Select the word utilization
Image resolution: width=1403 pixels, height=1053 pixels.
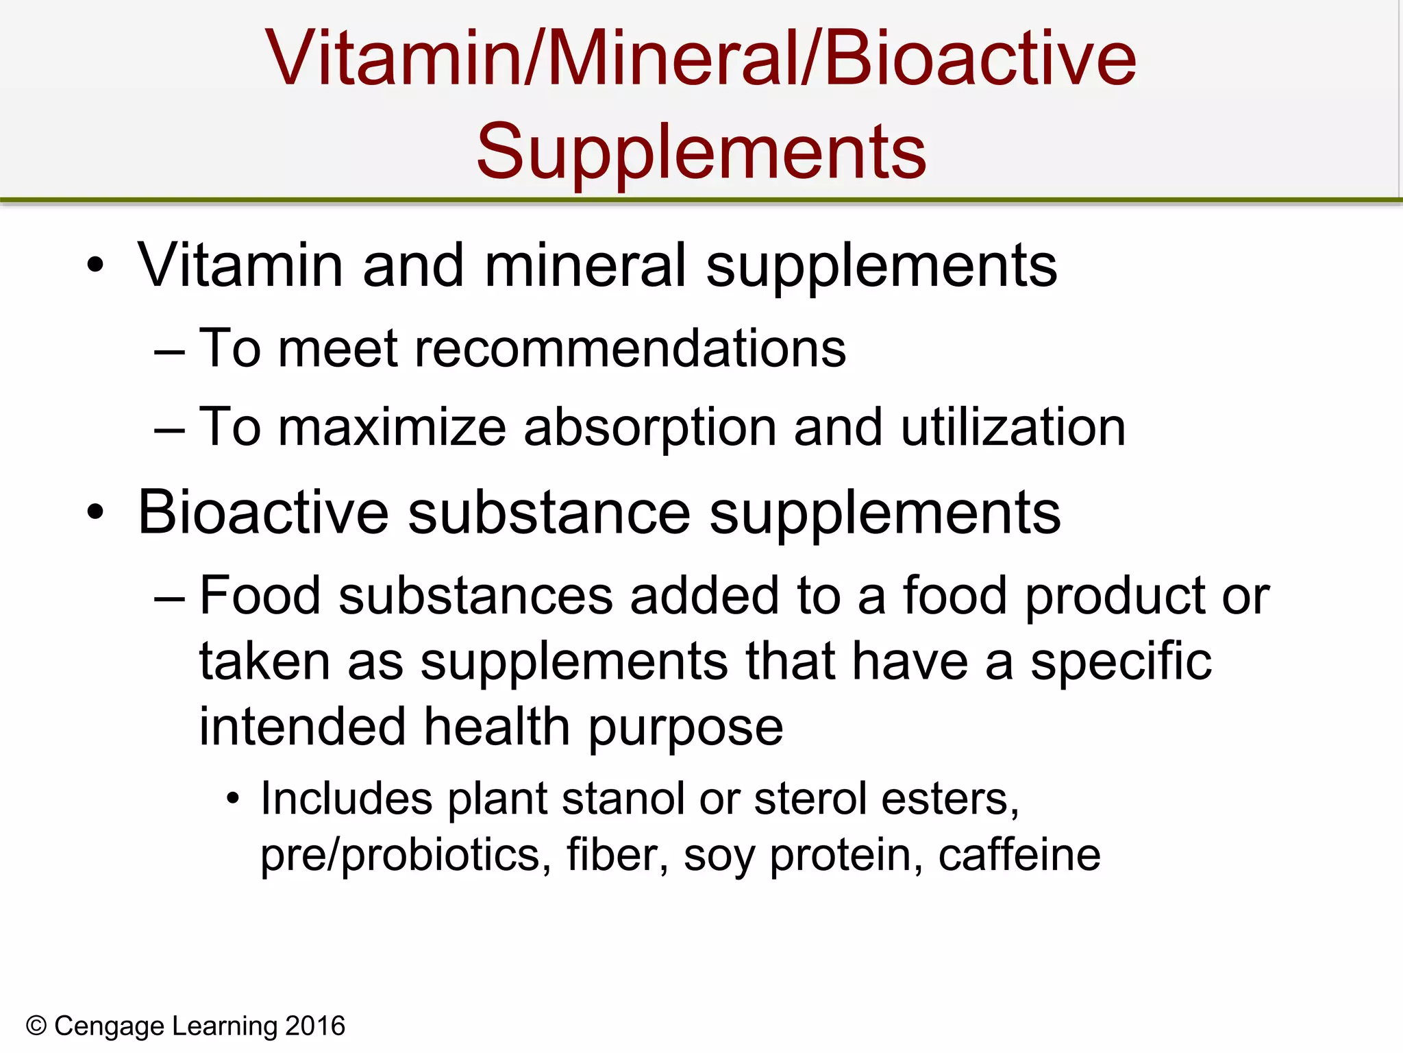(x=1013, y=427)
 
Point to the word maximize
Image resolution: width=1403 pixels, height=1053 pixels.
(x=392, y=427)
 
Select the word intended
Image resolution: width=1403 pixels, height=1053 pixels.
(x=302, y=726)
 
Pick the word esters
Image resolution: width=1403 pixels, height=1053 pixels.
(x=949, y=799)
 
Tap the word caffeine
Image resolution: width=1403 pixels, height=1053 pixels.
(x=1019, y=855)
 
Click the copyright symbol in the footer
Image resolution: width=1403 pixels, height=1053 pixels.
(x=36, y=1026)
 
